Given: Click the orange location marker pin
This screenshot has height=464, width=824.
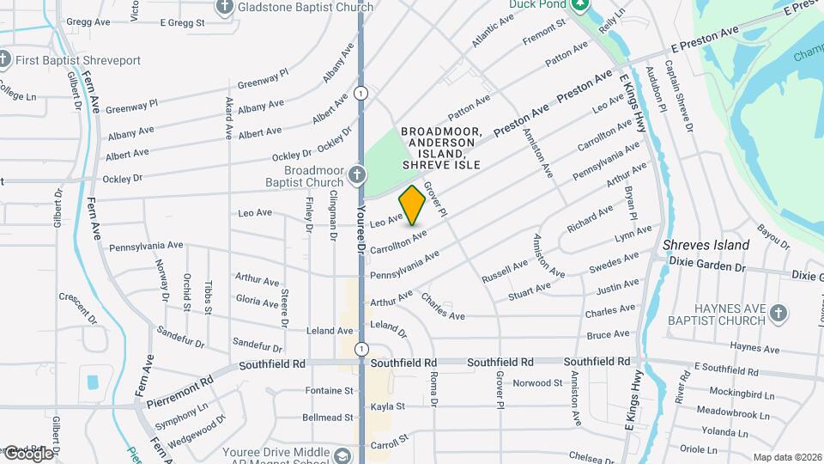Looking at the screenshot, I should [x=412, y=205].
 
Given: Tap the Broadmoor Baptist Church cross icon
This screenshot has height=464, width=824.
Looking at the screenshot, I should [x=357, y=177].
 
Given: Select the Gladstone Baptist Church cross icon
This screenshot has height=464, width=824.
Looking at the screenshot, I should [x=226, y=8].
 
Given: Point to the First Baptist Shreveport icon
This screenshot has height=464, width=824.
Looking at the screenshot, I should [x=4, y=60].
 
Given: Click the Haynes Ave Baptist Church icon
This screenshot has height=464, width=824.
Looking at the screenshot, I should [x=779, y=314].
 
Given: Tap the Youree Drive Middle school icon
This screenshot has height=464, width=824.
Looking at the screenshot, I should [x=343, y=454].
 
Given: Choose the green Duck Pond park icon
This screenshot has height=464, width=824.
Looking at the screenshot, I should [x=580, y=5].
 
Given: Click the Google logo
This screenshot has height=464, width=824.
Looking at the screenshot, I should [x=27, y=453].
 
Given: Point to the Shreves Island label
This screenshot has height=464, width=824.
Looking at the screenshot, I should [x=706, y=245].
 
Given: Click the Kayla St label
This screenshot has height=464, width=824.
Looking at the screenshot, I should [x=388, y=406].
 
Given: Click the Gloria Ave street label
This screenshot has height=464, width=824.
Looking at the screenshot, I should [x=257, y=300].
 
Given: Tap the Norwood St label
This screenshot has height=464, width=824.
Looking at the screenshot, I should [x=536, y=382].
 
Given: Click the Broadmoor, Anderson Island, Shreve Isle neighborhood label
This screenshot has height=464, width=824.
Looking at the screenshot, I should [x=441, y=147].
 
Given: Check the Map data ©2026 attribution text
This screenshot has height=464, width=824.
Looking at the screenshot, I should [x=787, y=457].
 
